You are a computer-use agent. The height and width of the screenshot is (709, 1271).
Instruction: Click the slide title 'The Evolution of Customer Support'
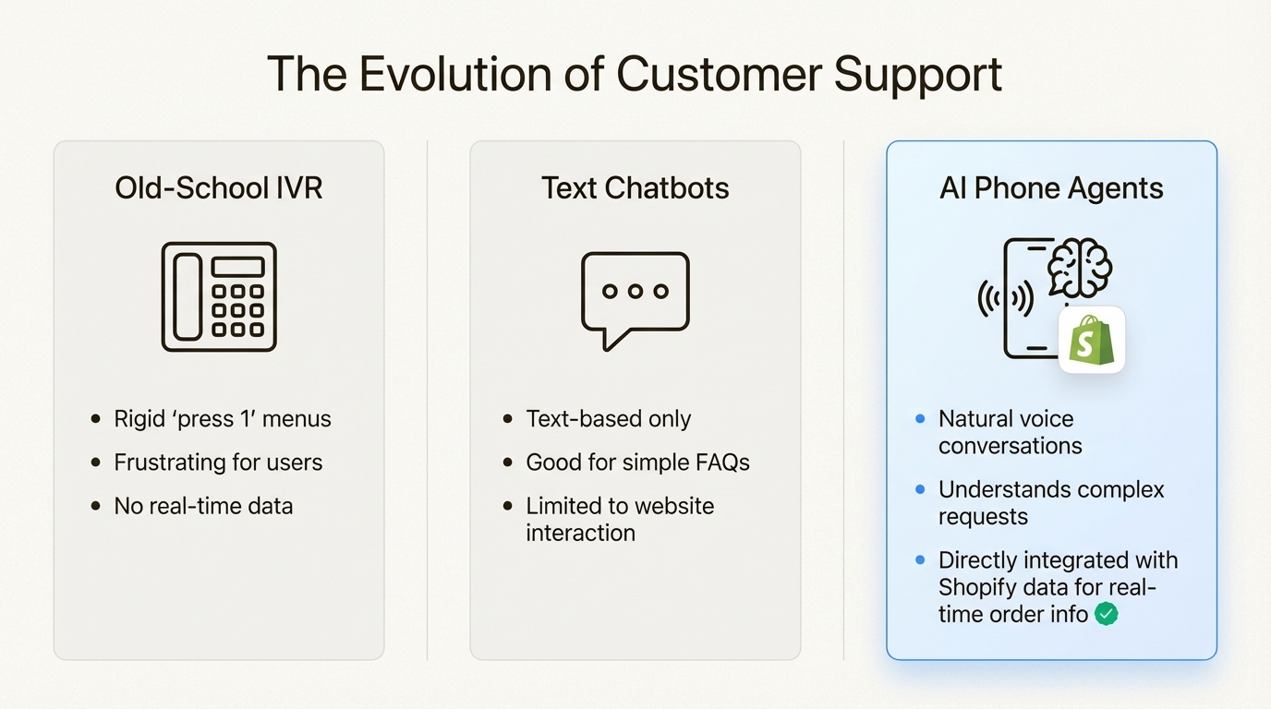[x=635, y=75]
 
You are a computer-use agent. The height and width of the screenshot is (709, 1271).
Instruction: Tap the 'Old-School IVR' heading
[x=219, y=188]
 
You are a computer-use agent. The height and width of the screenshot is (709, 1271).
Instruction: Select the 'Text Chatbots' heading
[x=635, y=188]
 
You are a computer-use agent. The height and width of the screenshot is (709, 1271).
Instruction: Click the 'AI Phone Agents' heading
[x=1051, y=188]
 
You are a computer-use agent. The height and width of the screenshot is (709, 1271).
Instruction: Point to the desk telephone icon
[x=219, y=296]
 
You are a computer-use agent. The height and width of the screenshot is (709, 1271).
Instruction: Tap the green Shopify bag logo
[x=1091, y=341]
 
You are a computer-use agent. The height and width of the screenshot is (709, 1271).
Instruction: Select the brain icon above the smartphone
[x=1080, y=268]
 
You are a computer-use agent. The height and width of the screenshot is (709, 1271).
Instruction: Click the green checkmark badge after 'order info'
[x=1106, y=614]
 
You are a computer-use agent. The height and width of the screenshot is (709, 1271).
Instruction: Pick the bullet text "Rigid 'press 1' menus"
[x=222, y=418]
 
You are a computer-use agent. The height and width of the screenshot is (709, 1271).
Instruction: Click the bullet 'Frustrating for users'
[x=218, y=463]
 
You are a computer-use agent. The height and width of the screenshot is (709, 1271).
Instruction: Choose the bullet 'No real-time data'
[x=203, y=506]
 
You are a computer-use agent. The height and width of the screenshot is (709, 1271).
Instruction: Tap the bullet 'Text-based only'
[x=608, y=418]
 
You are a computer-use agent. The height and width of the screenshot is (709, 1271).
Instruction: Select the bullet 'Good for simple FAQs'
[x=637, y=463]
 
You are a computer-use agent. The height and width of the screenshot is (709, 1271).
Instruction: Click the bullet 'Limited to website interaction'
[x=619, y=519]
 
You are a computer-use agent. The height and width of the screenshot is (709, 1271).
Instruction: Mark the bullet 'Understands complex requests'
[x=1051, y=502]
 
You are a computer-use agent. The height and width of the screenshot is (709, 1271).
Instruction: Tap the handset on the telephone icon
[x=187, y=297]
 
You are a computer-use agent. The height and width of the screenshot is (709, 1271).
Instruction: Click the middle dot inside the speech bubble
[x=635, y=291]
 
